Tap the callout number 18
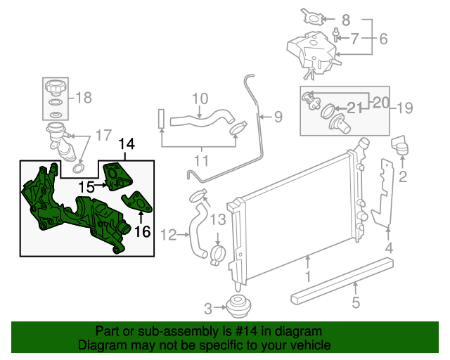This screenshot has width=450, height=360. (x=84, y=98)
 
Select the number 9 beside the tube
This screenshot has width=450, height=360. (x=278, y=116)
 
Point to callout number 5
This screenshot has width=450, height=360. (x=356, y=303)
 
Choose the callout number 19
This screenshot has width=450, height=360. (x=405, y=108)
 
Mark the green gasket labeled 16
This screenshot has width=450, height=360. (x=139, y=202)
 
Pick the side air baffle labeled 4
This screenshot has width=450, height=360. (x=383, y=193)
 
